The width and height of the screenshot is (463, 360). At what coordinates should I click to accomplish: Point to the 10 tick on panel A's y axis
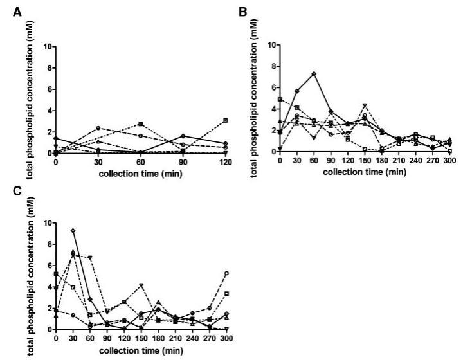49,47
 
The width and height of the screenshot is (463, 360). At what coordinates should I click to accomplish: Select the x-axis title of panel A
140,174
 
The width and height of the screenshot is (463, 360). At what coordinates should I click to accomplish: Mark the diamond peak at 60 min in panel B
313,74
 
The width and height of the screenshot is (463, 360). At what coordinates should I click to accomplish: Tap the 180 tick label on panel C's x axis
158,338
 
